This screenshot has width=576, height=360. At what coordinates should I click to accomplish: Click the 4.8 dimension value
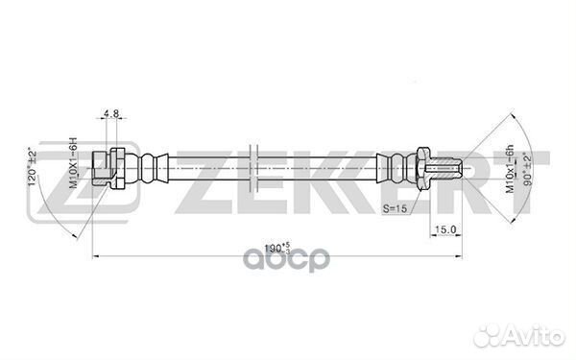pyautogui.click(x=110, y=113)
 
